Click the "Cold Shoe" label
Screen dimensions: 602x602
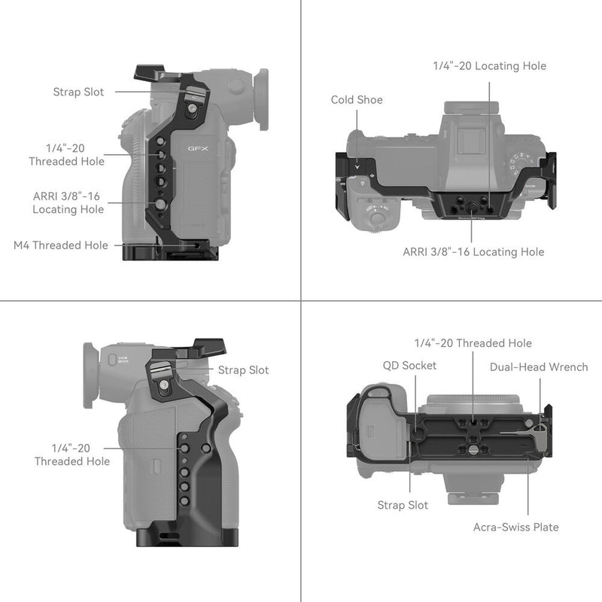tap(357, 99)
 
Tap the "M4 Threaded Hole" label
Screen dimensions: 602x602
tap(60, 245)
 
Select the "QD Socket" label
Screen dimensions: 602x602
tap(408, 366)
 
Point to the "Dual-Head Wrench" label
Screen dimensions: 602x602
tap(539, 367)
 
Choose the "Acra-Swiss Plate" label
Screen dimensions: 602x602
tap(515, 527)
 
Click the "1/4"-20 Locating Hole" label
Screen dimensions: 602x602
tap(489, 66)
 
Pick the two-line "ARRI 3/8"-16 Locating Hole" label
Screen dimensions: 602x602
tap(68, 202)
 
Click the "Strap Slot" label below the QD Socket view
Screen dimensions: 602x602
tap(403, 505)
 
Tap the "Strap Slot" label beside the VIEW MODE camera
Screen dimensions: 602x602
tap(243, 370)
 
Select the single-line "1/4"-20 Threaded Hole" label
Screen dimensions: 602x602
tap(473, 343)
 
